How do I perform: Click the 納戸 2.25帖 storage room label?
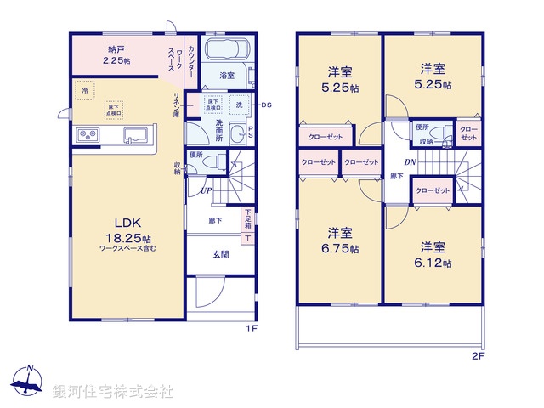click(x=117, y=55)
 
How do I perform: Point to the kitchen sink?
click(x=136, y=135)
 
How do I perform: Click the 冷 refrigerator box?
click(x=84, y=88)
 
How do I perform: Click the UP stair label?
click(x=206, y=190)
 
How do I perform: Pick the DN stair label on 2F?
click(x=410, y=161)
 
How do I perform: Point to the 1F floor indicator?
click(x=252, y=328)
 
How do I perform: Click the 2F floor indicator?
click(x=478, y=356)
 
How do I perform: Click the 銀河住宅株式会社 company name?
click(x=114, y=392)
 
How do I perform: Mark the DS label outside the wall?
click(x=265, y=105)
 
